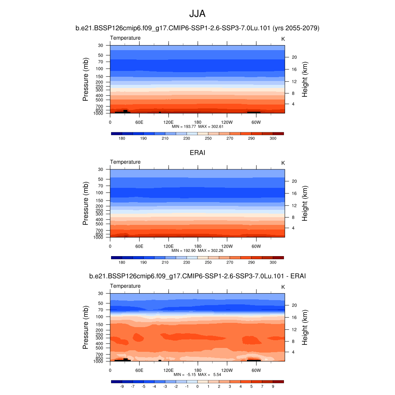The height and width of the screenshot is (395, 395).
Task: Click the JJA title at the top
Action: tap(197, 14)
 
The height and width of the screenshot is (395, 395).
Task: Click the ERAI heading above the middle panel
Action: tap(197, 153)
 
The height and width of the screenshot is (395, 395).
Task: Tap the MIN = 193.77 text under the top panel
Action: tap(183, 127)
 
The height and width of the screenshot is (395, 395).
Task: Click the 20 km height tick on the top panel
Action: tap(294, 57)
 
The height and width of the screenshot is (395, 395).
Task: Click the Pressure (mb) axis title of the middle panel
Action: tap(86, 203)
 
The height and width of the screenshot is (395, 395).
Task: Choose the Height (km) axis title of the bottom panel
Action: tap(305, 327)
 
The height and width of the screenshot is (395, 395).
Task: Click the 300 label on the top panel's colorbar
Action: tap(273, 138)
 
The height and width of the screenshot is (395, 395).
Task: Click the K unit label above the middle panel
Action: tap(283, 163)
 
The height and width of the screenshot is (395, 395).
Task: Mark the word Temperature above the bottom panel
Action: tap(125, 286)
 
